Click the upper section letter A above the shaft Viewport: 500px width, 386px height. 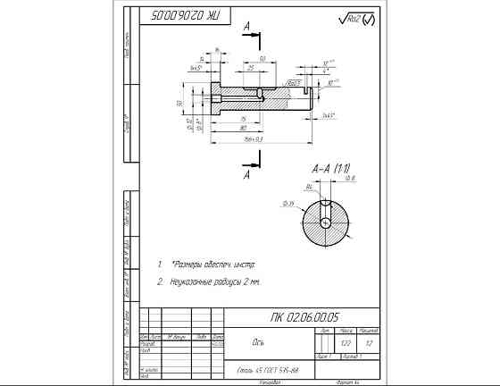click(246, 28)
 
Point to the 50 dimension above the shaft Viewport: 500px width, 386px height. click(262, 59)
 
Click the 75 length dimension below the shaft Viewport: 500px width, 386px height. click(242, 119)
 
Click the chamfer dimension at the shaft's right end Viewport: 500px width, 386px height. click(328, 115)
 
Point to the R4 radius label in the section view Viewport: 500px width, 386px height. click(309, 187)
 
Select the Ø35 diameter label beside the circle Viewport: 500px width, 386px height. click(290, 205)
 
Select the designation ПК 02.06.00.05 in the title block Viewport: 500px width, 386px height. click(304, 316)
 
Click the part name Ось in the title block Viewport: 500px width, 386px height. click(259, 341)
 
